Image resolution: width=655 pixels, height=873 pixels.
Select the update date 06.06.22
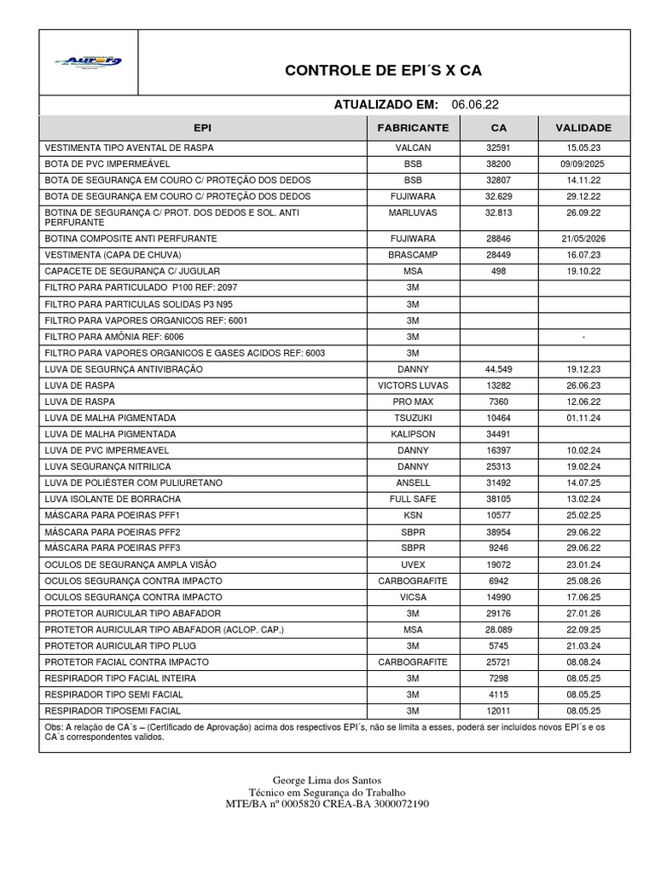click(x=475, y=105)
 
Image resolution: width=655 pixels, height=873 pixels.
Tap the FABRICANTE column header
click(x=413, y=128)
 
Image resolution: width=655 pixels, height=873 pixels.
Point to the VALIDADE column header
click(x=583, y=128)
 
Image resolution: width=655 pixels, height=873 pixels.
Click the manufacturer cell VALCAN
click(x=413, y=147)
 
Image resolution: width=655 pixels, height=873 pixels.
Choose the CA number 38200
click(x=498, y=164)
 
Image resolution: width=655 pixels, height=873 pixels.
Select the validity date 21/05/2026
click(x=583, y=239)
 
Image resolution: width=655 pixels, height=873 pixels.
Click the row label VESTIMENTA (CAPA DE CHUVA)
click(x=113, y=255)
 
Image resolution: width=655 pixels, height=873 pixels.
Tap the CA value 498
click(x=498, y=271)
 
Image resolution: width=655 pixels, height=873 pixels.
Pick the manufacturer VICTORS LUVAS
click(x=413, y=385)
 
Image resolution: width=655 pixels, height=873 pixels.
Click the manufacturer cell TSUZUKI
click(x=413, y=418)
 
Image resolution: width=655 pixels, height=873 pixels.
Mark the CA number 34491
click(x=498, y=434)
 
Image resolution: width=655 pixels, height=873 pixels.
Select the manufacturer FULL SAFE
click(x=413, y=499)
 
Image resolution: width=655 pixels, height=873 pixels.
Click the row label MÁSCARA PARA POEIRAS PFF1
click(x=113, y=515)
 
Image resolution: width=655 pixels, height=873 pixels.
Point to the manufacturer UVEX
click(x=413, y=564)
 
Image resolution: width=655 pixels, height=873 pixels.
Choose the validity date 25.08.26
click(x=583, y=580)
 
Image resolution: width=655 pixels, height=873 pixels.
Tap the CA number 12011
click(x=498, y=710)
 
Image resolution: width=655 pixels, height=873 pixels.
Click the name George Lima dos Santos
click(x=327, y=780)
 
